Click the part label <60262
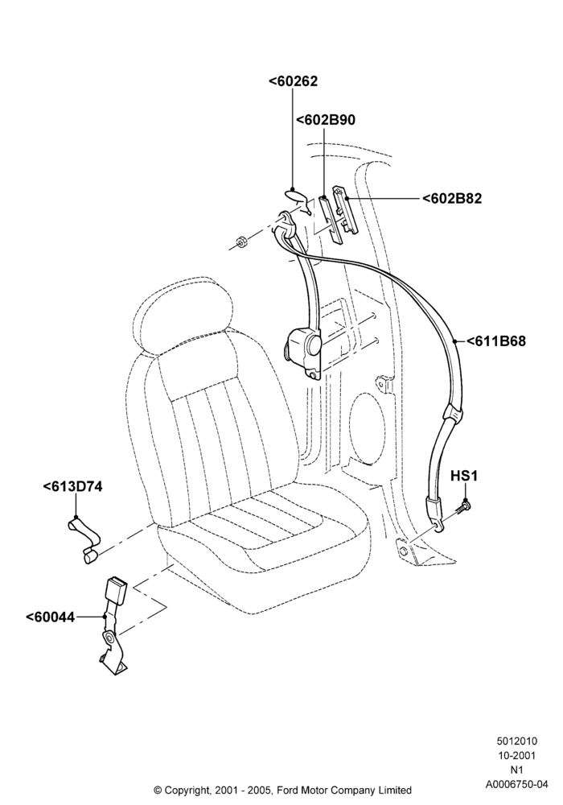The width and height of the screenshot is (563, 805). point(293,81)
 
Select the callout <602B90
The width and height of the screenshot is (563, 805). point(325,120)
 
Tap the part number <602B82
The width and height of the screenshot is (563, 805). point(452,199)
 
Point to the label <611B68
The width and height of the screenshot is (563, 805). point(495,341)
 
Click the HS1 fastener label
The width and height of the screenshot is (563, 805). point(463,476)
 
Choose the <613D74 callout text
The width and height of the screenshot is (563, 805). point(72,486)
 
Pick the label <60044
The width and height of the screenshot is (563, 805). point(50,617)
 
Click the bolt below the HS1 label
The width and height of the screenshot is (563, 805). point(462,507)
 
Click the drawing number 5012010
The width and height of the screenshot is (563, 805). point(516,741)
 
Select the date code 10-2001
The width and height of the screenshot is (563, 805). point(516,756)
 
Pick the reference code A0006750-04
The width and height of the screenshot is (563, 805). point(516,784)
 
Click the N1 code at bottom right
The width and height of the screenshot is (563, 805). point(516,770)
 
